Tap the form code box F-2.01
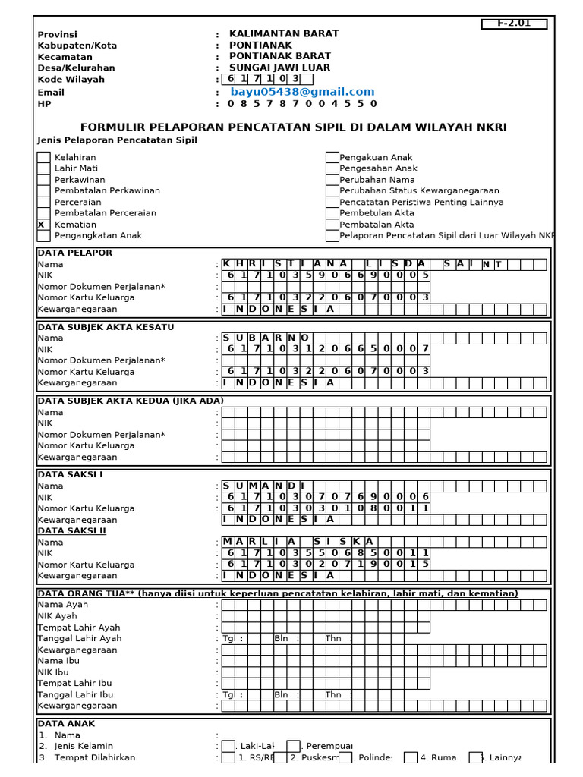[514, 24]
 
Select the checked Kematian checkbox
[43, 225]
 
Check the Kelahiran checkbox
[43, 157]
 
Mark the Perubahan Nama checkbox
[332, 180]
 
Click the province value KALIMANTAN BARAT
[284, 34]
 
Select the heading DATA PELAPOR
[75, 253]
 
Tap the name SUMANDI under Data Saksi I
[263, 486]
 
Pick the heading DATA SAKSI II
[72, 531]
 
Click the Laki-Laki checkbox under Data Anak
[228, 746]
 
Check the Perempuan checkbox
[294, 746]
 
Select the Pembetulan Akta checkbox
[332, 213]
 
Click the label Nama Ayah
[63, 605]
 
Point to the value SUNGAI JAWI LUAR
[279, 68]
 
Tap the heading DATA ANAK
[67, 724]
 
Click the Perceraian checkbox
[43, 202]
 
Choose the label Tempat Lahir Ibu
[74, 683]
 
